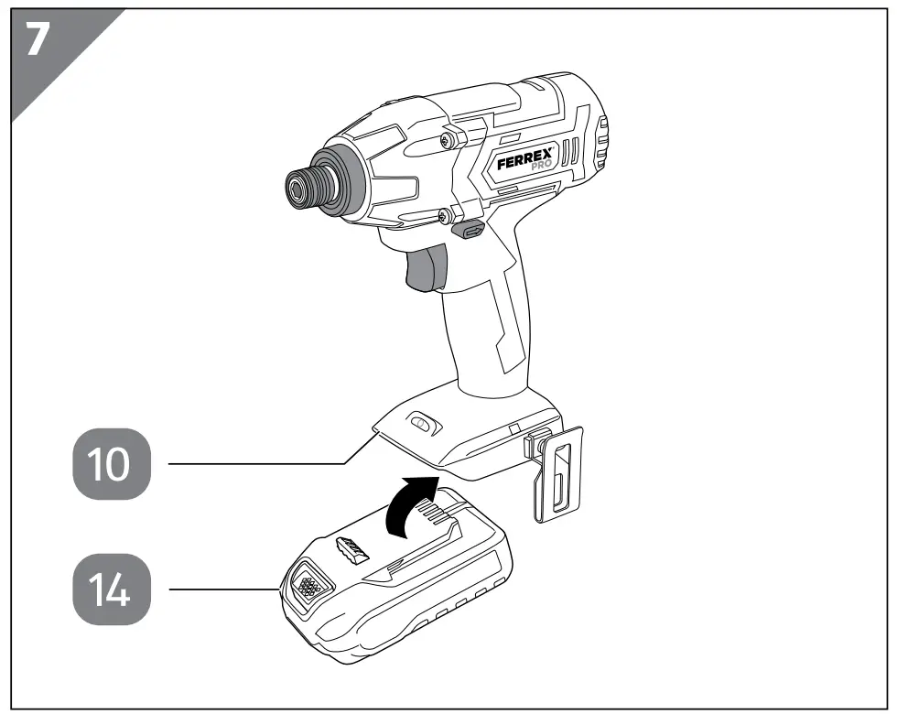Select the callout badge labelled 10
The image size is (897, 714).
pos(108,464)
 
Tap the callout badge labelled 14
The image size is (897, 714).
pos(108,591)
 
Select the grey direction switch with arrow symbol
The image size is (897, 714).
pos(471,231)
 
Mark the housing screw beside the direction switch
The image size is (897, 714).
pos(444,215)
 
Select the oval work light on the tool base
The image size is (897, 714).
pos(421,423)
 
